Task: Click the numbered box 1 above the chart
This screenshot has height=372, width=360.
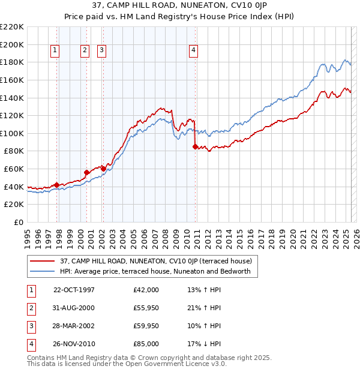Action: pos(55,51)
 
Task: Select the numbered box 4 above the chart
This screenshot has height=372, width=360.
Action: pos(194,51)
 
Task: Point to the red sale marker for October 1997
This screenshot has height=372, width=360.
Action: pos(56,185)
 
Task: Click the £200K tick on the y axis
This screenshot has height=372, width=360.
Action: pos(13,44)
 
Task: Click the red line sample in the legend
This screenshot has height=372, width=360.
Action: pos(43,262)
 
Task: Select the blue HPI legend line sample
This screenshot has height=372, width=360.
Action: pos(43,272)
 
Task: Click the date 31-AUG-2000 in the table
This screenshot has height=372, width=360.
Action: pos(74,308)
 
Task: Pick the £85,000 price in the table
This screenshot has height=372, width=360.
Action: pos(146,344)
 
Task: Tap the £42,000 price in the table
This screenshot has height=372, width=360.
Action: pos(146,290)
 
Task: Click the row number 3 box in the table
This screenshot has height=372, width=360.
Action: pos(31,326)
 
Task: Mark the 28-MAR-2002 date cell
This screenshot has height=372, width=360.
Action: pos(74,326)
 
